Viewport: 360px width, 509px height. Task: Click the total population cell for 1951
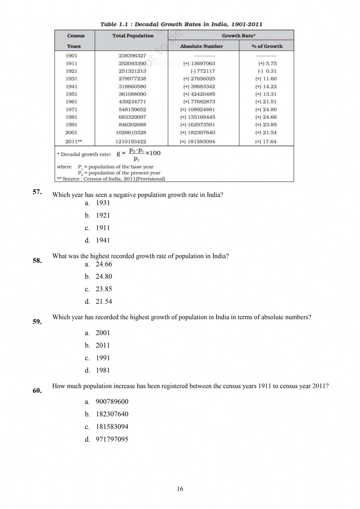tap(132, 94)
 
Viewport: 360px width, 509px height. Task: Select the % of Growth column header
tap(267, 46)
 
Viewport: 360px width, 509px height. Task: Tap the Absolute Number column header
tap(201, 46)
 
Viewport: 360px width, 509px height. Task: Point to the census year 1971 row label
tap(71, 109)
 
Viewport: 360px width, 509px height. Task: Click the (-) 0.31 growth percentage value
tap(267, 71)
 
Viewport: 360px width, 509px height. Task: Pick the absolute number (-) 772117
tap(203, 71)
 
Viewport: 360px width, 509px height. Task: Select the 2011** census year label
tap(73, 142)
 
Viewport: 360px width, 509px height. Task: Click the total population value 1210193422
tap(130, 142)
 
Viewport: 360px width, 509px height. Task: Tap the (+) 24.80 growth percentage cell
tap(266, 109)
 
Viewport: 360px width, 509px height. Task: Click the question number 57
tap(37, 192)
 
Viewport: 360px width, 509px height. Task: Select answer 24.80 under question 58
tap(104, 276)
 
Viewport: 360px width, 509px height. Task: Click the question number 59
tap(37, 322)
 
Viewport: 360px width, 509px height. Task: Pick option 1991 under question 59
tap(103, 358)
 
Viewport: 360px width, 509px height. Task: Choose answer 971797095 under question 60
tap(112, 439)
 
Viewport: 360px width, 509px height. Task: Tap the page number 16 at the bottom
tap(180, 489)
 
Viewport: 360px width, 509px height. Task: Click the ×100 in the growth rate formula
tap(153, 153)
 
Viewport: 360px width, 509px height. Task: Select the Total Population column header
tap(133, 36)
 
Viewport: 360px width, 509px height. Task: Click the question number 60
tap(37, 391)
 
